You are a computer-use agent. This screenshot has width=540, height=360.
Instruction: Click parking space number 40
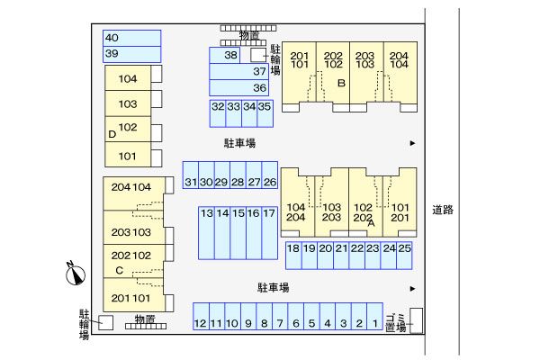click(x=112, y=38)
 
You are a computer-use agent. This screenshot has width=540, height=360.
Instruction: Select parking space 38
click(x=231, y=56)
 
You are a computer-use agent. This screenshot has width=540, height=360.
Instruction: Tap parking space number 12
click(x=201, y=323)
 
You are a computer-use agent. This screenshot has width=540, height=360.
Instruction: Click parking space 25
click(x=404, y=248)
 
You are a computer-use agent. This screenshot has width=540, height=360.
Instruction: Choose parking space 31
click(x=190, y=182)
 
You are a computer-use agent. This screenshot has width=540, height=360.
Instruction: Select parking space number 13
click(x=207, y=213)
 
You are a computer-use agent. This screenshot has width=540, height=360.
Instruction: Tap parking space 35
click(x=265, y=106)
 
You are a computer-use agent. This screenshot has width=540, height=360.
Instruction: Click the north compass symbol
click(x=75, y=274)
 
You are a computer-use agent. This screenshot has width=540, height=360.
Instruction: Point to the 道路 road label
click(x=442, y=211)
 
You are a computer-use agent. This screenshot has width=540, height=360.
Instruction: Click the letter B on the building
click(x=341, y=84)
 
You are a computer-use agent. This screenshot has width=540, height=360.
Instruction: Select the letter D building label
click(x=112, y=134)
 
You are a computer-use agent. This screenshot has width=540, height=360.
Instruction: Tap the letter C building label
click(x=119, y=270)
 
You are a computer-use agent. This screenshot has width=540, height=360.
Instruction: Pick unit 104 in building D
click(x=128, y=79)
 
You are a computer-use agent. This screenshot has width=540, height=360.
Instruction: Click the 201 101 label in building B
click(x=301, y=59)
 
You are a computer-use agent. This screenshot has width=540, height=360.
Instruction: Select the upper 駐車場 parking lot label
click(x=240, y=143)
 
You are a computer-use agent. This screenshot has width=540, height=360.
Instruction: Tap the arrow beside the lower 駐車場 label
click(x=412, y=289)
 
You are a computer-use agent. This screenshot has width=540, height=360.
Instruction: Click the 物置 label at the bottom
click(x=144, y=319)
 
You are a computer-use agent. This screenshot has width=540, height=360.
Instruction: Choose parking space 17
click(x=269, y=213)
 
